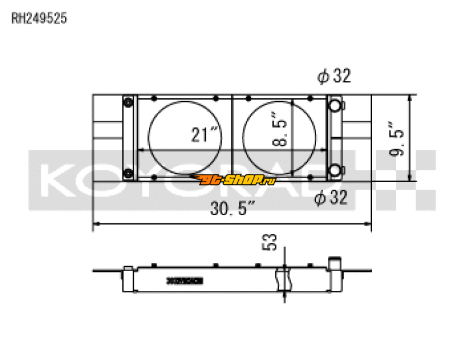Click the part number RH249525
tap(40, 18)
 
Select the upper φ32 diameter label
tap(334, 76)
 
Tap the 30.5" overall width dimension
tap(233, 209)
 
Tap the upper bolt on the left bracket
tap(128, 103)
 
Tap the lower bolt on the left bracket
tap(128, 172)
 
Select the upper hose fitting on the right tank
tap(336, 105)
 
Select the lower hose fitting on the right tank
tap(336, 170)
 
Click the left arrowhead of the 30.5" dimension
tap(96, 223)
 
